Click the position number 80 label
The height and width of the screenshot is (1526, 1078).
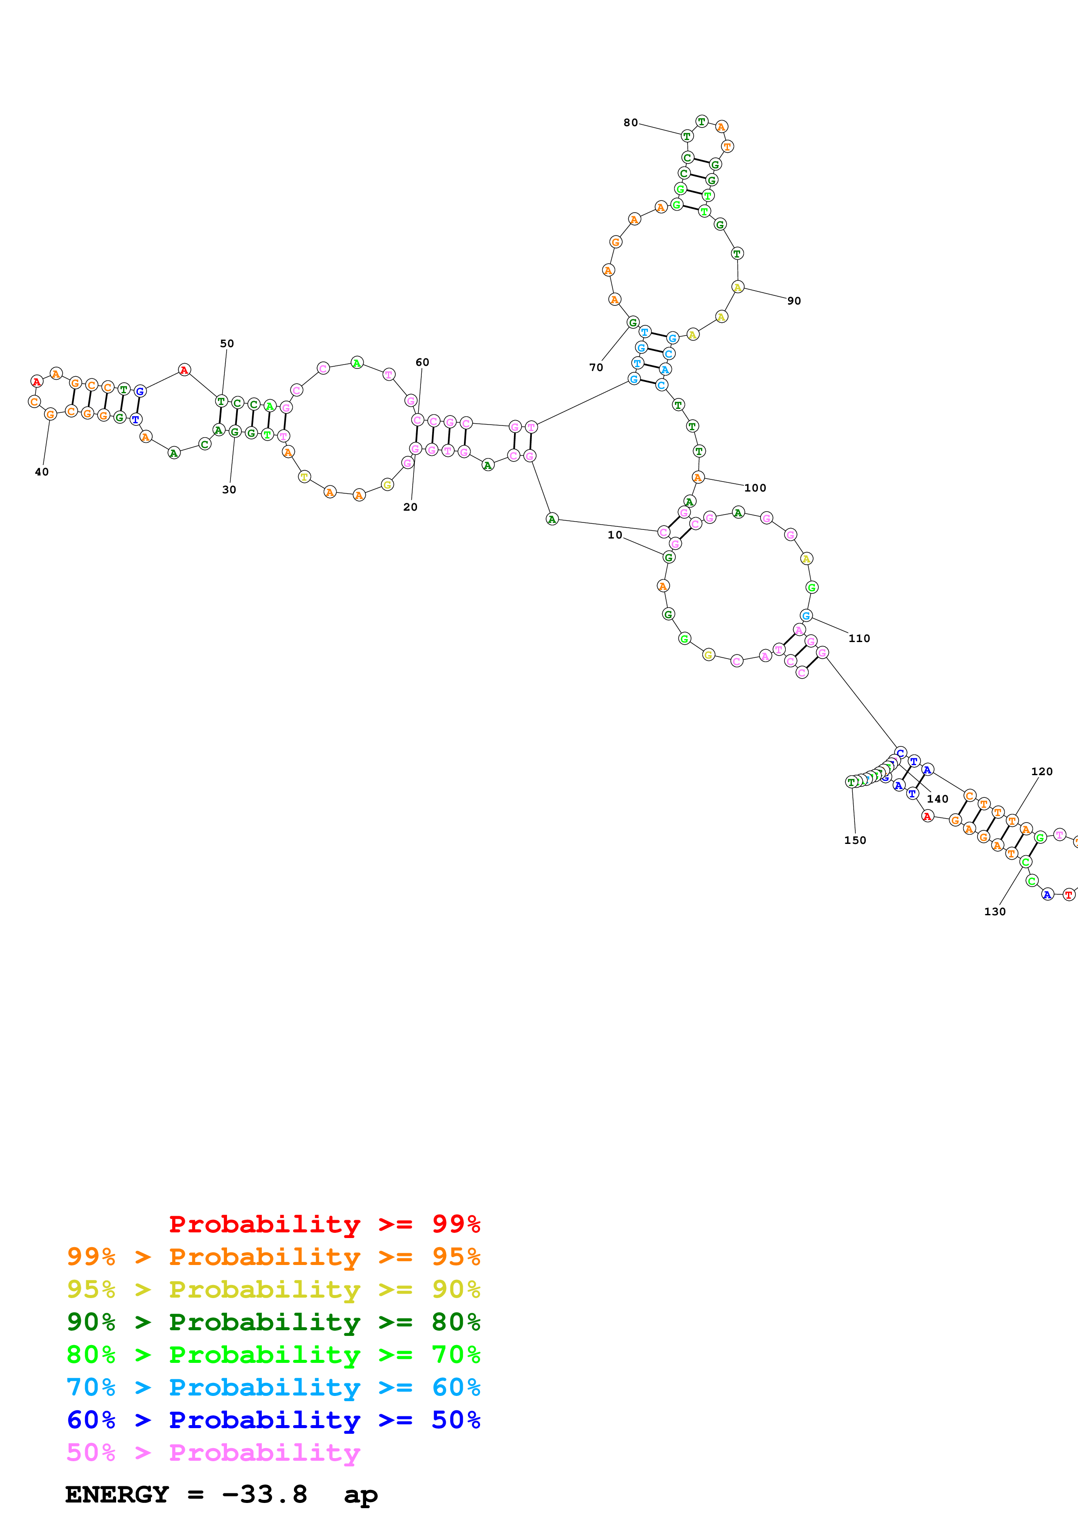631,123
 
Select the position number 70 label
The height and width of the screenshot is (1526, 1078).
596,368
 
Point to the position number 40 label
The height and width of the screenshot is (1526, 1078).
42,472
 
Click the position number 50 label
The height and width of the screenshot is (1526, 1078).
227,344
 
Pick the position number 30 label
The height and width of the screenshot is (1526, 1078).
229,490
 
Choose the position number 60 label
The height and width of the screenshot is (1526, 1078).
422,362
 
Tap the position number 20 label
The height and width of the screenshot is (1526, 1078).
411,507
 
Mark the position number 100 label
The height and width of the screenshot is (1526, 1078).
755,488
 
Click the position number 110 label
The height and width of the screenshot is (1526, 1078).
859,639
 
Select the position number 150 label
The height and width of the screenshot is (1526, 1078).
855,840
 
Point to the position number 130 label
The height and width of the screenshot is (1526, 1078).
995,912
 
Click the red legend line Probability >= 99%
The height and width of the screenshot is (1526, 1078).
324,1224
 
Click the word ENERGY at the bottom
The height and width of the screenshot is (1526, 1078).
117,1495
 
